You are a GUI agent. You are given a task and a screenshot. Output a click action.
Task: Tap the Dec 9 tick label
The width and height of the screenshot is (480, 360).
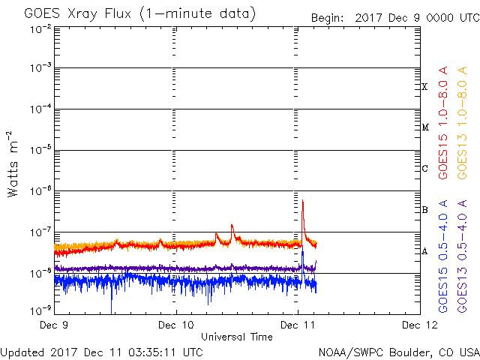pyautogui.click(x=54, y=325)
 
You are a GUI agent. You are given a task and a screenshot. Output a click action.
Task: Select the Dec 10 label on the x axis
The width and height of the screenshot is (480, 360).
pyautogui.click(x=175, y=325)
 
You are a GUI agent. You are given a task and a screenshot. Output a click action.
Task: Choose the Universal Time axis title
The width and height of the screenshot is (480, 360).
pyautogui.click(x=236, y=337)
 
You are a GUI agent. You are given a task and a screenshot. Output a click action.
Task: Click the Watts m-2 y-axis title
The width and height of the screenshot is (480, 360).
pyautogui.click(x=13, y=164)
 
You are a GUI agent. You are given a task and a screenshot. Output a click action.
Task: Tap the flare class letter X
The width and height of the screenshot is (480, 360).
pyautogui.click(x=425, y=87)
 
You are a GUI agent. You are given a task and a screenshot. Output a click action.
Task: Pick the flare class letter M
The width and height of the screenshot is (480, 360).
pyautogui.click(x=425, y=127)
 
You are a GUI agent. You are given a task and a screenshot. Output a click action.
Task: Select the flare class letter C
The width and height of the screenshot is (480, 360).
pyautogui.click(x=425, y=169)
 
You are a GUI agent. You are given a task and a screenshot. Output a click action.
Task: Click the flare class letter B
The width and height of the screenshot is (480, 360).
pyautogui.click(x=425, y=210)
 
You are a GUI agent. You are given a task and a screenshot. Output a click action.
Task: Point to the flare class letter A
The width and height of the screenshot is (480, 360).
pyautogui.click(x=425, y=251)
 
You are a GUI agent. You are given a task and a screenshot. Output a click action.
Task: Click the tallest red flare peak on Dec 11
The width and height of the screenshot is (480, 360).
pyautogui.click(x=302, y=202)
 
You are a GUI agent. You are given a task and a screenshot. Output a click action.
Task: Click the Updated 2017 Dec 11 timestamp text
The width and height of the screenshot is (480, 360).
pyautogui.click(x=101, y=352)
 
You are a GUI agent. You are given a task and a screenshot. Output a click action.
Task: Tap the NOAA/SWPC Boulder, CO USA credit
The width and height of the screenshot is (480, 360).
pyautogui.click(x=398, y=352)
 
